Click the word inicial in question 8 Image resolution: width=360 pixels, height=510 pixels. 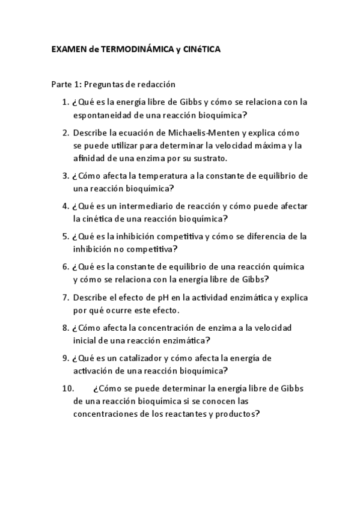[85, 340]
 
